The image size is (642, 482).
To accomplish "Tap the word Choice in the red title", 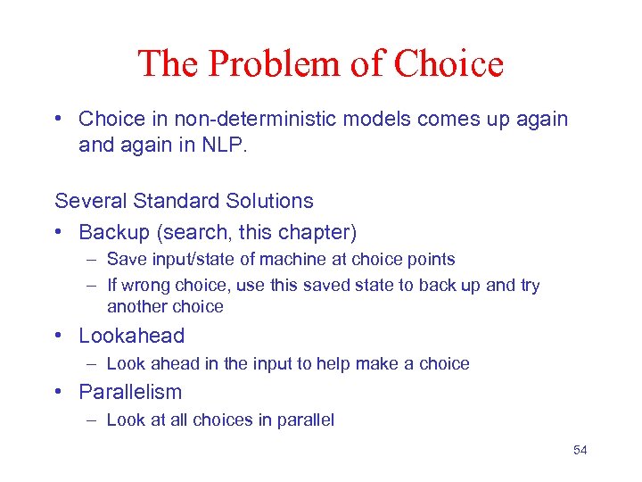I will [x=449, y=64].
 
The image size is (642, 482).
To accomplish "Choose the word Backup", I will [x=114, y=232].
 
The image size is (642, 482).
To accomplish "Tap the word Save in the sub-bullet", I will [x=125, y=260].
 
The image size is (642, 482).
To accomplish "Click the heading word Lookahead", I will [x=131, y=336].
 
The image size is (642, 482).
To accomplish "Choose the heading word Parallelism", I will [x=129, y=392].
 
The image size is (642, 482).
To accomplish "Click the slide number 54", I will [x=580, y=450].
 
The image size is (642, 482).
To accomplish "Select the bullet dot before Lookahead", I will [x=59, y=337].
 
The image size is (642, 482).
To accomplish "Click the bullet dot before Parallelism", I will [x=59, y=393].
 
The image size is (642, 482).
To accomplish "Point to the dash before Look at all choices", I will [x=93, y=420].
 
